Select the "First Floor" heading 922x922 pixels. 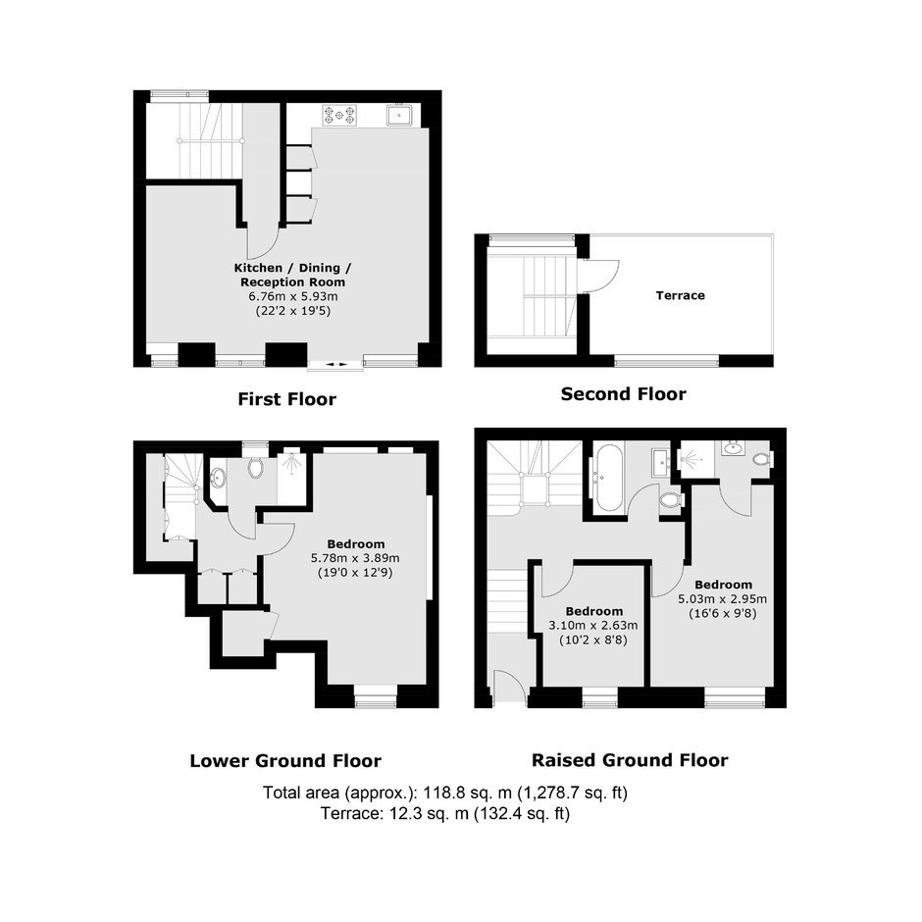click(287, 399)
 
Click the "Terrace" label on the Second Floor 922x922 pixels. click(681, 295)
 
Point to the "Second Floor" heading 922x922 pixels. click(623, 394)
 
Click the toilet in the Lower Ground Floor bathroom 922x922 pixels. click(255, 468)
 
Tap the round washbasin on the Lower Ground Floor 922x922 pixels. click(218, 478)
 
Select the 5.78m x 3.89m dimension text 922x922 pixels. click(355, 558)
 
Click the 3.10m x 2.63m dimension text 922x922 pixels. click(593, 626)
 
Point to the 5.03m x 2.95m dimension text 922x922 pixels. click(723, 599)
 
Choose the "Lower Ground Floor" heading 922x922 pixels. click(285, 761)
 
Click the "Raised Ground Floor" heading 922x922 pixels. click(630, 760)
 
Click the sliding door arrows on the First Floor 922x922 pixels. click(336, 365)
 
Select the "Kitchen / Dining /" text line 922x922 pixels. click(293, 268)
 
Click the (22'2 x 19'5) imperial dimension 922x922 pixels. click(293, 311)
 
